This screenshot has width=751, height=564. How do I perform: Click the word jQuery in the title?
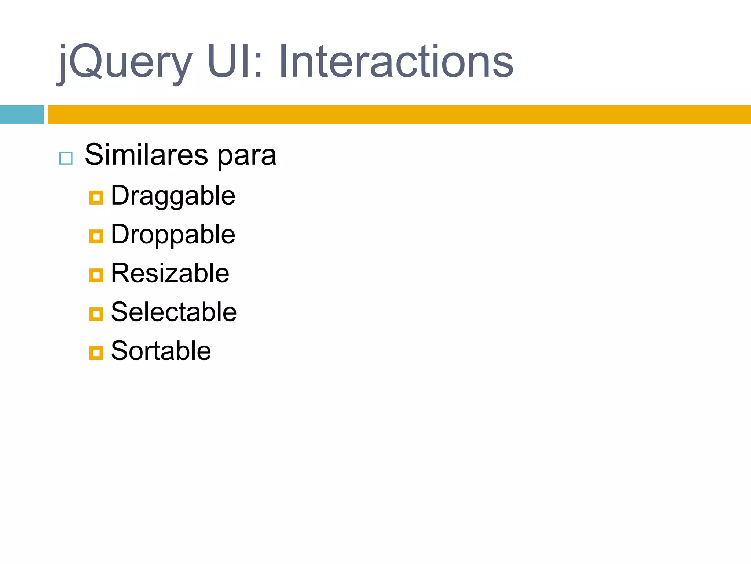point(125,62)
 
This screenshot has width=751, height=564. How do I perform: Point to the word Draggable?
point(173,196)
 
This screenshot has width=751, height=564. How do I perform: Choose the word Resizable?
point(170,273)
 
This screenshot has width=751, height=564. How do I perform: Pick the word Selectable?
point(173,312)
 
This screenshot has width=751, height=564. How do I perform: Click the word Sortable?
point(161,351)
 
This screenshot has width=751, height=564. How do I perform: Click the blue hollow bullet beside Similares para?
point(66,158)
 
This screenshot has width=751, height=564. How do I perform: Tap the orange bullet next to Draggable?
point(96,198)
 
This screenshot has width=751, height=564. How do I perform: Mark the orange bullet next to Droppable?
point(96,236)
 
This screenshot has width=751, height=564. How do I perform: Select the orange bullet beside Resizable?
point(96,275)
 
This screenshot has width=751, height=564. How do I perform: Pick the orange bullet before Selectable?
point(96,314)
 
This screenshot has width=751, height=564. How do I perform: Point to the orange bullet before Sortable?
point(96,353)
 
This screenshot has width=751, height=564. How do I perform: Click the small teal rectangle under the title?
point(22,115)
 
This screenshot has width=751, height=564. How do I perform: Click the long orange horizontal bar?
point(400,115)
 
